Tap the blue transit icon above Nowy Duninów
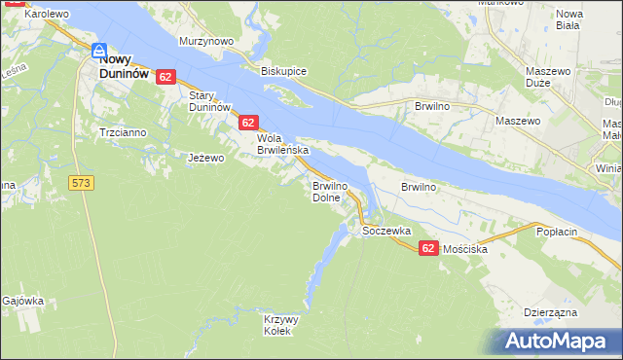(99, 51)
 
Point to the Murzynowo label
(206, 42)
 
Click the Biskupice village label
(283, 71)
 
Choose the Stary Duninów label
(208, 101)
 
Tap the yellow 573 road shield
(81, 183)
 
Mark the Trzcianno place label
(122, 131)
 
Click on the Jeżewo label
(206, 158)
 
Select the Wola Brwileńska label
(282, 145)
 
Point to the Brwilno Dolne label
(326, 191)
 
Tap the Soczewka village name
(385, 231)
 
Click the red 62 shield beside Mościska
(428, 249)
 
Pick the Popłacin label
(557, 233)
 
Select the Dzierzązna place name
(551, 312)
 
